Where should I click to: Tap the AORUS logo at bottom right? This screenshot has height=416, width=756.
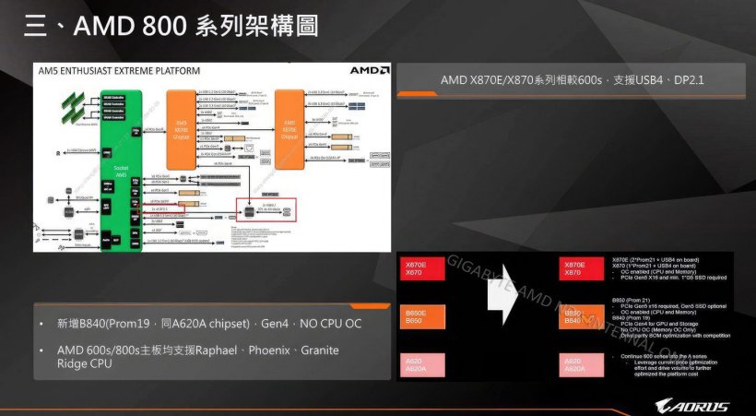(691, 407)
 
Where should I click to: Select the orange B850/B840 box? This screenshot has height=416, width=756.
(573, 316)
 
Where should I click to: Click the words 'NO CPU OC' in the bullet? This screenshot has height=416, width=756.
(335, 325)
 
